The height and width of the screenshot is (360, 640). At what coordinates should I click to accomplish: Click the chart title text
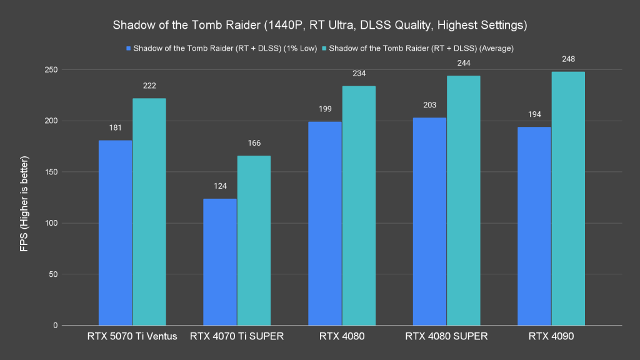[320, 26]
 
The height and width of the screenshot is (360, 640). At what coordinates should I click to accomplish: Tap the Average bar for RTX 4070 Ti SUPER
[254, 241]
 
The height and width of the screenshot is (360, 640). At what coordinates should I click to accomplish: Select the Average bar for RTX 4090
[568, 199]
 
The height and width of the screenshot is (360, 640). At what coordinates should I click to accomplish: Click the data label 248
[568, 59]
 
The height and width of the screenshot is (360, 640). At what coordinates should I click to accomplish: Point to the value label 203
[429, 106]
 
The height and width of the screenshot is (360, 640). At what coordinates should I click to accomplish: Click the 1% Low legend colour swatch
[129, 48]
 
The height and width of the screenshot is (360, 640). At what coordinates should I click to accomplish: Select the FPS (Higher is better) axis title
[24, 197]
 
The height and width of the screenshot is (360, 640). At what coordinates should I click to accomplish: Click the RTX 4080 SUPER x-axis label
[446, 337]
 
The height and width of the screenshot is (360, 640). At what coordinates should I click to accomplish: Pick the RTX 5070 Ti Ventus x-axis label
[132, 337]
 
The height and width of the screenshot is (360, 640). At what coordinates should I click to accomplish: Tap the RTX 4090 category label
[551, 337]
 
